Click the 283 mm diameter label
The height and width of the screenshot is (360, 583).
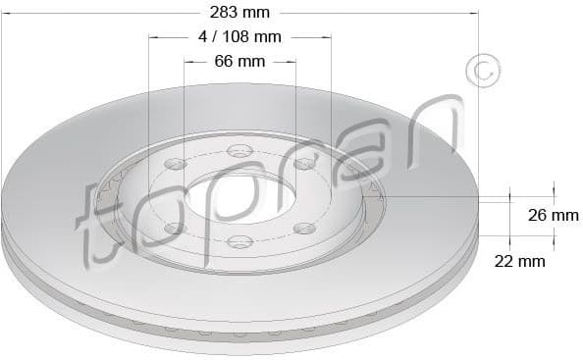click(239, 13)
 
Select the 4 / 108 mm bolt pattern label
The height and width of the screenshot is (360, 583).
click(239, 37)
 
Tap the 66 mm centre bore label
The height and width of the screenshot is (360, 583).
click(239, 62)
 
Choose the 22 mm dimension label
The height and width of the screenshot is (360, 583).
click(519, 261)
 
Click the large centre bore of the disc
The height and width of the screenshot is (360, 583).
click(240, 197)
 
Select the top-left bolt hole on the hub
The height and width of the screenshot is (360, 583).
click(175, 163)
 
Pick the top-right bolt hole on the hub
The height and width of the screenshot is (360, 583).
click(304, 163)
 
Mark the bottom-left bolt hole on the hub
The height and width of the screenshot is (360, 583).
click(175, 228)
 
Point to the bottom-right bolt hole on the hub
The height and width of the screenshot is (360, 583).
click(305, 228)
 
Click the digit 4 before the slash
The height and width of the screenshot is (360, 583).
click(203, 37)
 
